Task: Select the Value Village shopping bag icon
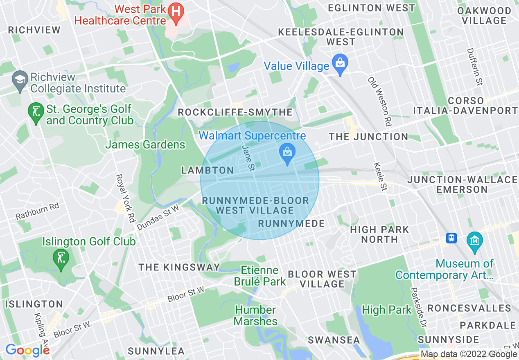pyautogui.click(x=340, y=64)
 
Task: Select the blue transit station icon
pyautogui.click(x=451, y=238)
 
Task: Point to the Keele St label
pyautogui.click(x=380, y=177)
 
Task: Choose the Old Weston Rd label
pyautogui.click(x=379, y=101)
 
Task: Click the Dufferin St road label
pyautogui.click(x=475, y=67)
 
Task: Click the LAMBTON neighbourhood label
pyautogui.click(x=208, y=170)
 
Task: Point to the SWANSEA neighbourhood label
pyautogui.click(x=334, y=340)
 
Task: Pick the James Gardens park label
pyautogui.click(x=145, y=144)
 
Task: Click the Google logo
pyautogui.click(x=27, y=350)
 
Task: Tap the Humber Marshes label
pyautogui.click(x=255, y=315)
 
